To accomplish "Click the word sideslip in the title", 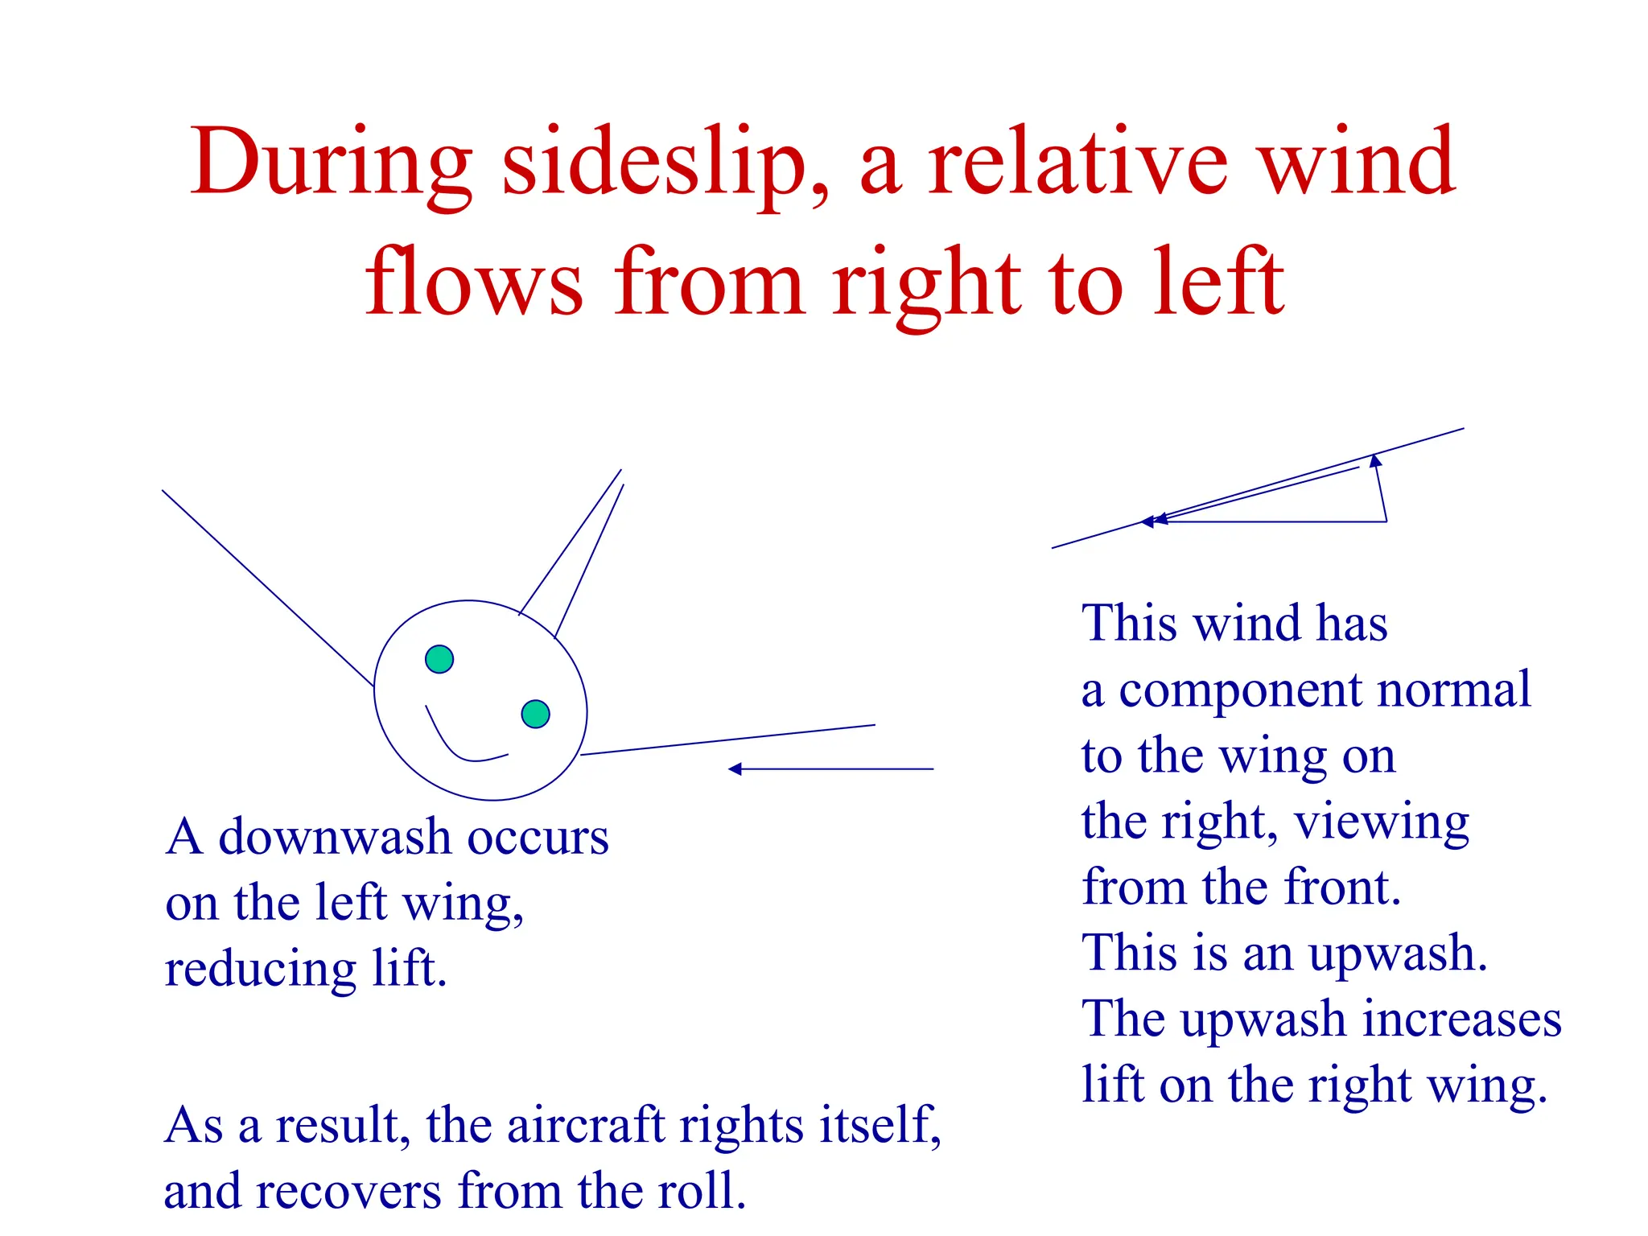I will pos(653,165).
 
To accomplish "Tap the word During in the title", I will pos(330,165).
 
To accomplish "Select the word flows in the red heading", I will pos(473,283).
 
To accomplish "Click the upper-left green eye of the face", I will pos(439,659).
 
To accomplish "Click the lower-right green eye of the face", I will pos(535,714).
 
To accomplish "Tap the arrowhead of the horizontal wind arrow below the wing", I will pos(735,769).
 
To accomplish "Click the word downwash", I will pos(335,838).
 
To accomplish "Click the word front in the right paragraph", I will pos(1341,888).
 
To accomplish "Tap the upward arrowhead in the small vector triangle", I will pos(1376,460).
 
